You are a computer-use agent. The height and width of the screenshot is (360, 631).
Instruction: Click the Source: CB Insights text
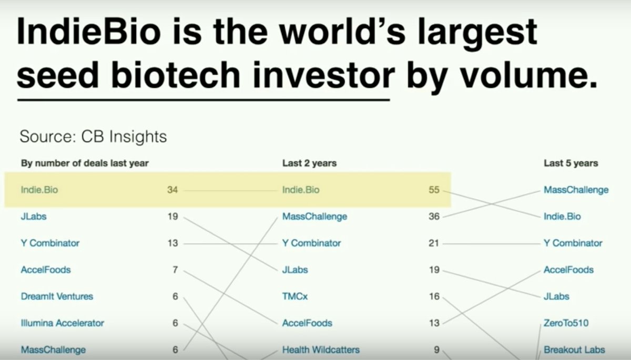93,137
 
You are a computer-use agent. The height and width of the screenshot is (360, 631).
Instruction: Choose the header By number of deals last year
85,163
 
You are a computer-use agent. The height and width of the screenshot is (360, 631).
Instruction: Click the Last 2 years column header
309,163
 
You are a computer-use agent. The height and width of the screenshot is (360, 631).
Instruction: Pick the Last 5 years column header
571,163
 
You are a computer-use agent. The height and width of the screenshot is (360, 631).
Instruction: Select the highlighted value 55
434,190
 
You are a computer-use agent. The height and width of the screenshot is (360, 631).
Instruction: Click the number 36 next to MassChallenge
434,217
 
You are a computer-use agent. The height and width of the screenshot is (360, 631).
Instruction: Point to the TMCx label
295,296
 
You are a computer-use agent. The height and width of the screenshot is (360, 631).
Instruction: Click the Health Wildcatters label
321,349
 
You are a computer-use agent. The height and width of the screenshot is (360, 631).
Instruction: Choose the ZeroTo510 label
566,323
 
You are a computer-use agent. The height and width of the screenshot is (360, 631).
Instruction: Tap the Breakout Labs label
574,349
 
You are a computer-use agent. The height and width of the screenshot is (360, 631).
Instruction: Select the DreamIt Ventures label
57,296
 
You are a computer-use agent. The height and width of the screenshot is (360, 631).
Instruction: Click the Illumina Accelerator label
62,323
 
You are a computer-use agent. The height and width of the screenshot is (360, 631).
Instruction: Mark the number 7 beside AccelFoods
175,270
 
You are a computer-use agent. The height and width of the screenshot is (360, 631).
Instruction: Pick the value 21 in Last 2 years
434,243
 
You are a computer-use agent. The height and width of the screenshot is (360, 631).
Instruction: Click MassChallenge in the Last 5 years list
576,190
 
